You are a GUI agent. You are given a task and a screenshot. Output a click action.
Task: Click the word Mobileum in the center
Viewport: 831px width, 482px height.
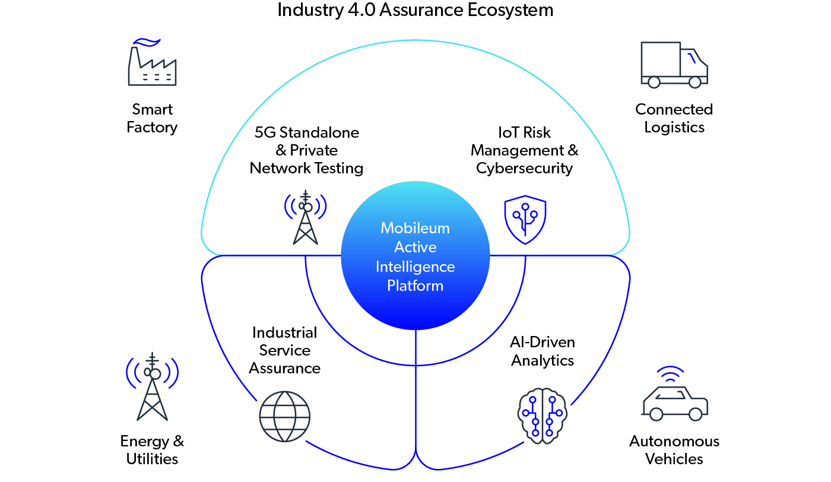415,228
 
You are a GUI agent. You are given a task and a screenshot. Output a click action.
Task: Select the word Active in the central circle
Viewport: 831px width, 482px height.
415,247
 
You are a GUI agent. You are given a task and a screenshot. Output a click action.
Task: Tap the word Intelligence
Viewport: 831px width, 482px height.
415,267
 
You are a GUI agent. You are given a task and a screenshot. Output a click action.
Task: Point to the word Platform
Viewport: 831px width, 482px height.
415,286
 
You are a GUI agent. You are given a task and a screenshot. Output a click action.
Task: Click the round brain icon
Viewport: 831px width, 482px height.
543,416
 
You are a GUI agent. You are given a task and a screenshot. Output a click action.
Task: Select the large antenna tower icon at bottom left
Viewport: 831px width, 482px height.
154,395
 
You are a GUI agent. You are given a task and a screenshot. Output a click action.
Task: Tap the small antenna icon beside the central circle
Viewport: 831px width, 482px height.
307,216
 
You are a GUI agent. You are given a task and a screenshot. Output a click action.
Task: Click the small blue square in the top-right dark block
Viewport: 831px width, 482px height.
692,65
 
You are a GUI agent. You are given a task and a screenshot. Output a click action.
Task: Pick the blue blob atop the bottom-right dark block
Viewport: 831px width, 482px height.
670,376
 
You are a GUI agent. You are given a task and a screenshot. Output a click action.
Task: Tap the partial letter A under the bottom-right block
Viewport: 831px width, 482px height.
635,445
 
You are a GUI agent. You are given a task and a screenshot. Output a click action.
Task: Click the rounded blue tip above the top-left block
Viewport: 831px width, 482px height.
140,43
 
